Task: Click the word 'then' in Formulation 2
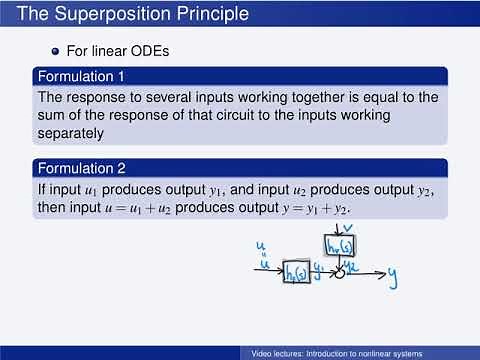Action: pos(54,207)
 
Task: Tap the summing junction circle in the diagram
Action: pos(340,272)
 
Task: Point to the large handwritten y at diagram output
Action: pos(396,273)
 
